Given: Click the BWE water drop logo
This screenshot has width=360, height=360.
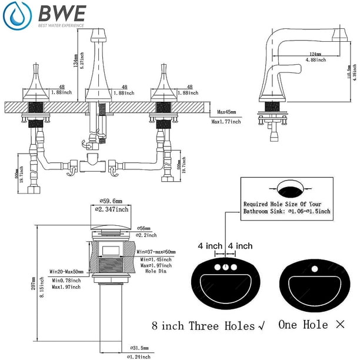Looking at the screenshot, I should [x=18, y=16].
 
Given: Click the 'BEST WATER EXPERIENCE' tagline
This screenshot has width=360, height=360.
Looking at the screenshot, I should [x=61, y=25].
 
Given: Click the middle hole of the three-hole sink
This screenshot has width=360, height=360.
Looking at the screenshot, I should [x=226, y=267].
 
